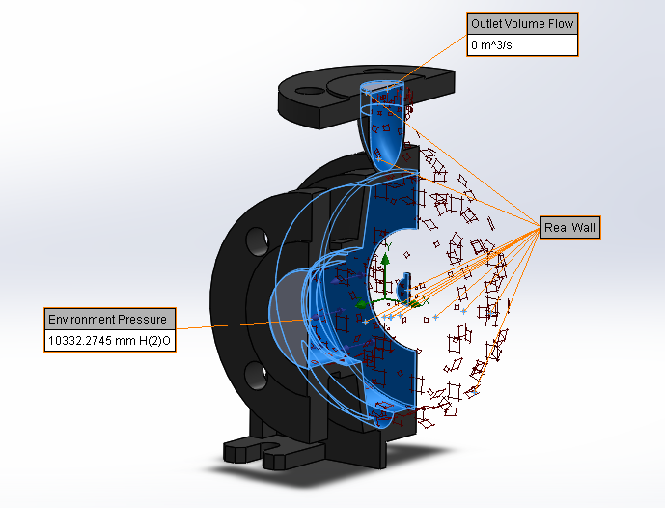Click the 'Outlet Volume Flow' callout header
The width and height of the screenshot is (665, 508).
[x=521, y=23]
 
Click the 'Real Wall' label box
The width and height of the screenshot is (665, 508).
[x=570, y=227]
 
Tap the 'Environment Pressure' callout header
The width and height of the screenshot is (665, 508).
[x=109, y=319]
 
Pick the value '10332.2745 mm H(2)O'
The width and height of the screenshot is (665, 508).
[x=109, y=340]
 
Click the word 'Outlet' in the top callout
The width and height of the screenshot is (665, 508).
[x=488, y=23]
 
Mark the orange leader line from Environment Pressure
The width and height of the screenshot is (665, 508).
[x=232, y=325]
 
